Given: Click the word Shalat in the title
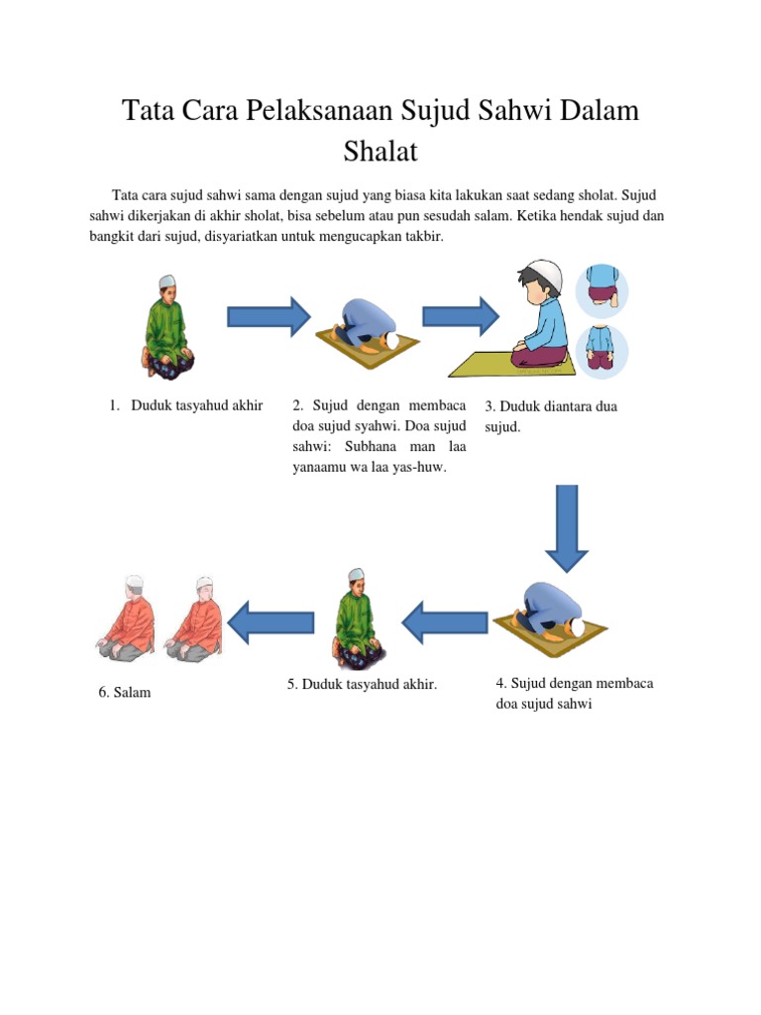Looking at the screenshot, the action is click(380, 153).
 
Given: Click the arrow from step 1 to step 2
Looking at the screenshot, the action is click(268, 316).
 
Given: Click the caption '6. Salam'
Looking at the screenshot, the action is click(125, 693).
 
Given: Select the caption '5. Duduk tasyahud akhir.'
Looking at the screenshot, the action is click(363, 684).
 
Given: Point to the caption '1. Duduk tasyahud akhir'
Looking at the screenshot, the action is click(187, 404).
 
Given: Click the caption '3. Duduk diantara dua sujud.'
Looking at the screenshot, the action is click(550, 416).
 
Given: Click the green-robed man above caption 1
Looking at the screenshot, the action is click(166, 327).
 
